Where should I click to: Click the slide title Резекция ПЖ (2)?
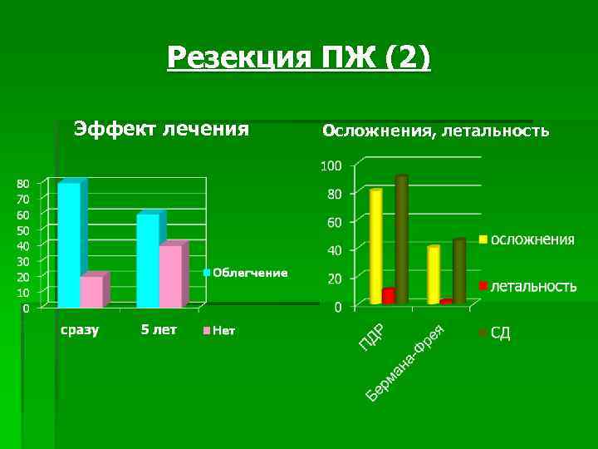[299, 57]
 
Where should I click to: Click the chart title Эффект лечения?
[161, 129]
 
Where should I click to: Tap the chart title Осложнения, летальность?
[435, 131]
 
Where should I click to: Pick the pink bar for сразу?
[92, 291]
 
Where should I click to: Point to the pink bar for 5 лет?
[171, 276]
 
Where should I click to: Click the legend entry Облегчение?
[250, 273]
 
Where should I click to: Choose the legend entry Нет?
[223, 331]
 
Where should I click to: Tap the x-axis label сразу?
[80, 330]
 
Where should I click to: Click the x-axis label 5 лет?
[159, 330]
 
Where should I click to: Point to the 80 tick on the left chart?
[23, 183]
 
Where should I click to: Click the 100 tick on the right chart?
[331, 166]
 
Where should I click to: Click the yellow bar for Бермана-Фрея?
[433, 274]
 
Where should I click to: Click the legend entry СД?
[500, 333]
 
